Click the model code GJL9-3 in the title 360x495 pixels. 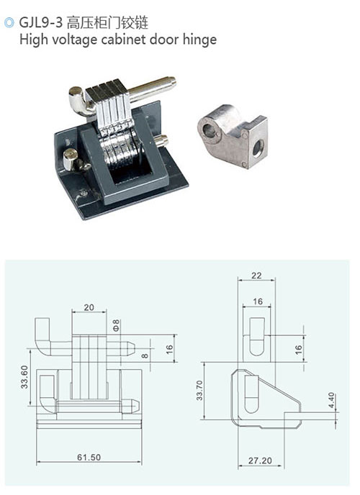point(41,23)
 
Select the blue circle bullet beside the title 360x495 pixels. point(9,23)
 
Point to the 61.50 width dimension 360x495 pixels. point(89,457)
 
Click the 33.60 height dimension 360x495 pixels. point(24,376)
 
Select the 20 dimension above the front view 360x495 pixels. point(89,307)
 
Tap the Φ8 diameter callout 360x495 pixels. point(116,325)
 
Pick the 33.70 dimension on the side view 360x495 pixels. point(199,390)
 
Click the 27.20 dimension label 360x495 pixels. point(260,460)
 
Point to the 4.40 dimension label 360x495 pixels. point(331,400)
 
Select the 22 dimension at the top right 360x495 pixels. point(256,276)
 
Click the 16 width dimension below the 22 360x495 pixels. point(258,301)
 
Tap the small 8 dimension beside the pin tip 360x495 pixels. point(145,355)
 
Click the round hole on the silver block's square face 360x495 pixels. point(258,147)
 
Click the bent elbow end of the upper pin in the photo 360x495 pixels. point(78,101)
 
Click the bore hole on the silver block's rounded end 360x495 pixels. point(208,130)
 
